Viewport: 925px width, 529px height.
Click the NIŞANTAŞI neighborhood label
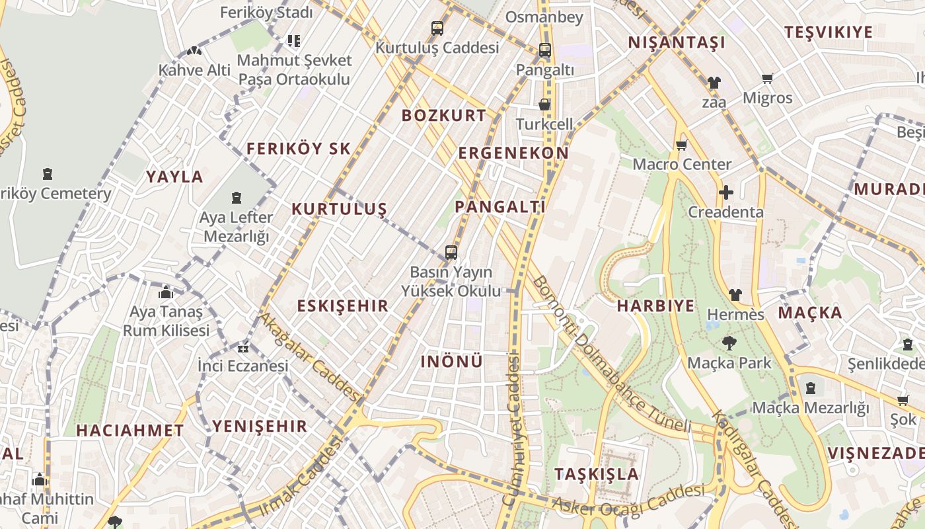click(x=676, y=43)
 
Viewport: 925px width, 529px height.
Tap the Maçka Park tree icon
click(x=729, y=343)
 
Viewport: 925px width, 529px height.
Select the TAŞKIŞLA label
click(x=597, y=474)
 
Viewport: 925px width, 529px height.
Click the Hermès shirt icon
click(x=735, y=295)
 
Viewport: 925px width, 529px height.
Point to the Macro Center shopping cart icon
click(x=681, y=145)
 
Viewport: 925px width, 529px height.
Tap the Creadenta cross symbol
click(x=725, y=193)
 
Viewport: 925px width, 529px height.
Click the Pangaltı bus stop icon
click(x=544, y=50)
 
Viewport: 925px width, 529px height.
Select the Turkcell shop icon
click(x=544, y=105)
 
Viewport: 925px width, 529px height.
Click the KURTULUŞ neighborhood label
click(x=339, y=210)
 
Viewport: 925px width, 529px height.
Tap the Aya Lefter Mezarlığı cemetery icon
click(x=236, y=198)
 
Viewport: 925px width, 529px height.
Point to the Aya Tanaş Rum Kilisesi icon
click(x=166, y=292)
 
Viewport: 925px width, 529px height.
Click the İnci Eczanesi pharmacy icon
click(x=243, y=347)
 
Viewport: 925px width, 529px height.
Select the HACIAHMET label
click(x=129, y=430)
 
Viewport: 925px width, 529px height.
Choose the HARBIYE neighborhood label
click(x=655, y=306)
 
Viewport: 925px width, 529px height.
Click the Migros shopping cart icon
click(x=767, y=79)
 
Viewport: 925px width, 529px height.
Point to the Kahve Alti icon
click(x=194, y=50)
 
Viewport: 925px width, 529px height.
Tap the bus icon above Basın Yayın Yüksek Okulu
click(x=451, y=253)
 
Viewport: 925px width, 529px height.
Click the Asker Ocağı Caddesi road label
click(x=628, y=501)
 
